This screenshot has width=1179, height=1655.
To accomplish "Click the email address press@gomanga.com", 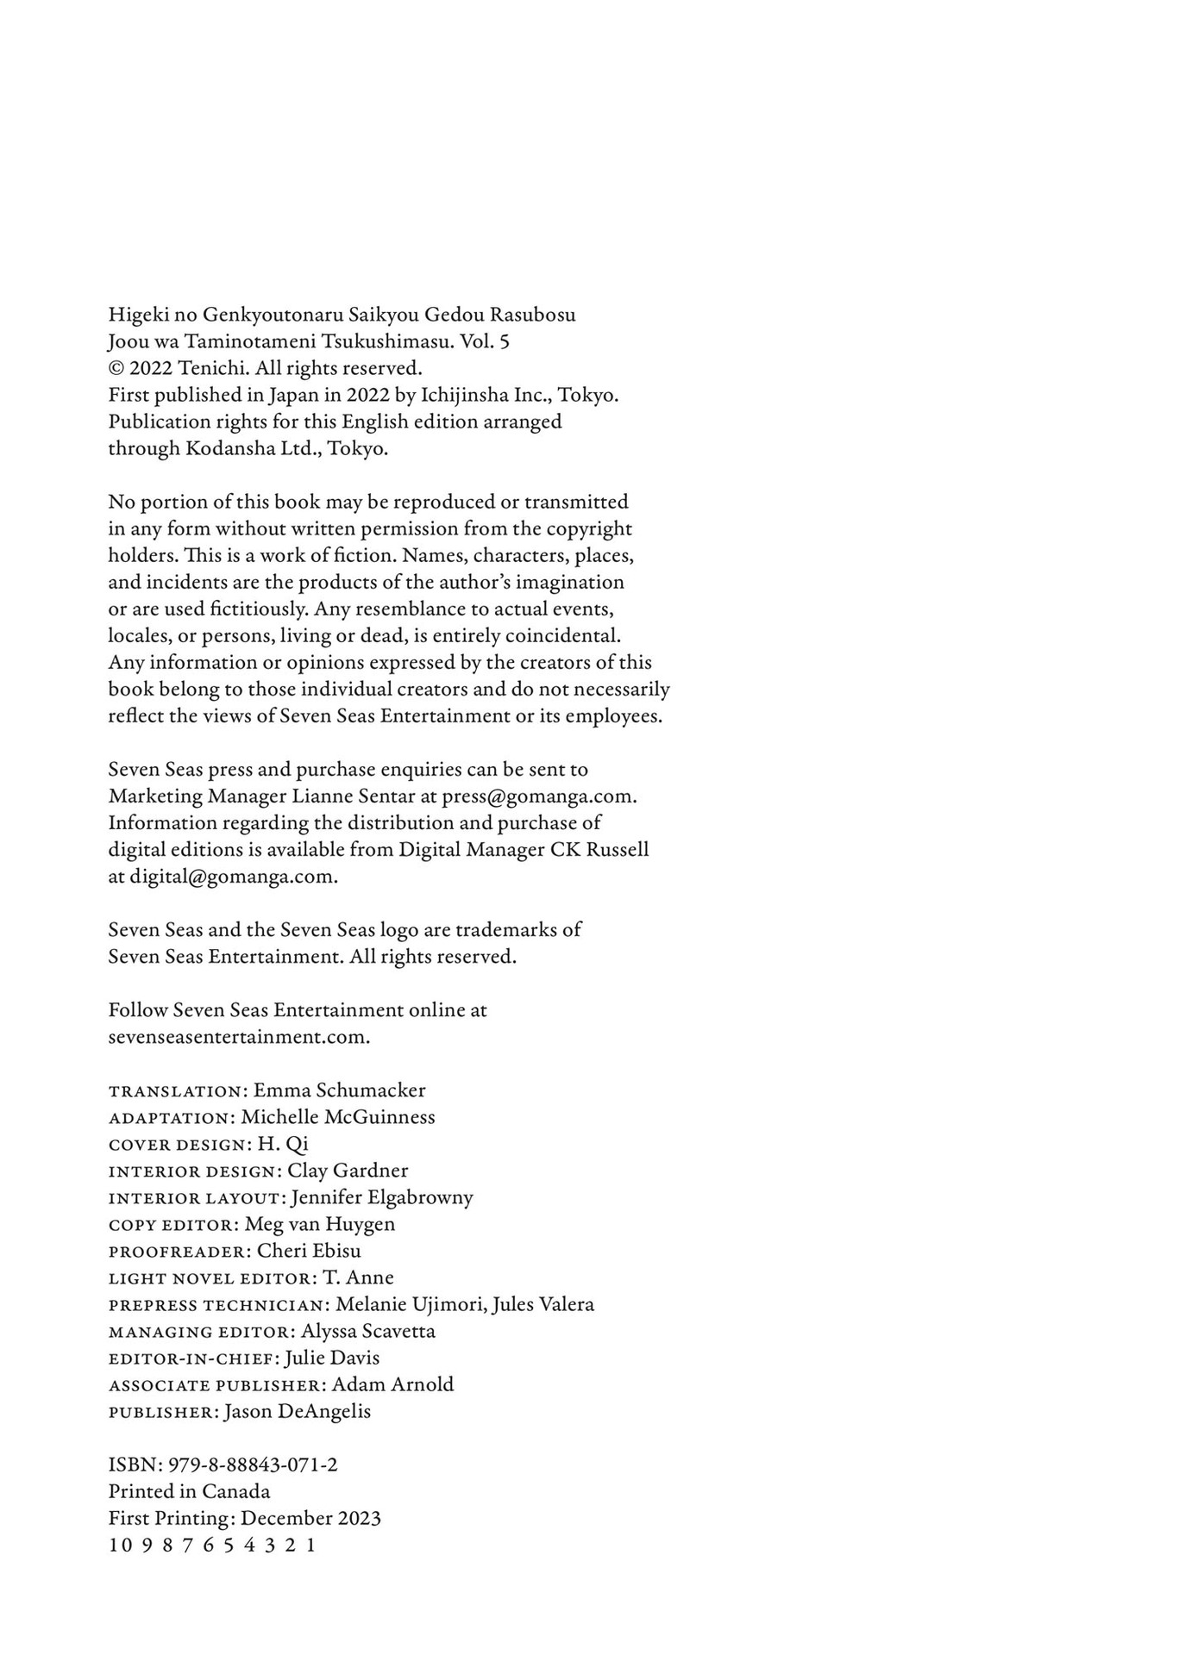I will click(x=538, y=796).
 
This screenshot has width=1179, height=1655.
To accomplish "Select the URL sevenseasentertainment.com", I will click(x=238, y=1036).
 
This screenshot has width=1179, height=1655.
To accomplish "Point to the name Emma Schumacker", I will click(x=339, y=1090).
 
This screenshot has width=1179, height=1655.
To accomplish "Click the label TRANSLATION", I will click(x=175, y=1091).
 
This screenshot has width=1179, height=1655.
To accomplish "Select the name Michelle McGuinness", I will click(x=338, y=1116).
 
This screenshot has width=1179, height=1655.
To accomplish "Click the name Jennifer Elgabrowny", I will click(x=382, y=1196).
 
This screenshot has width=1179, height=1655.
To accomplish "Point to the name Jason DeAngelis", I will click(x=297, y=1411).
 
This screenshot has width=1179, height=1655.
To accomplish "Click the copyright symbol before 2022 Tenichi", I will click(x=116, y=368).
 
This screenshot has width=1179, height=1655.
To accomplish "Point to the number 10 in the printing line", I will click(x=120, y=1545).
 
